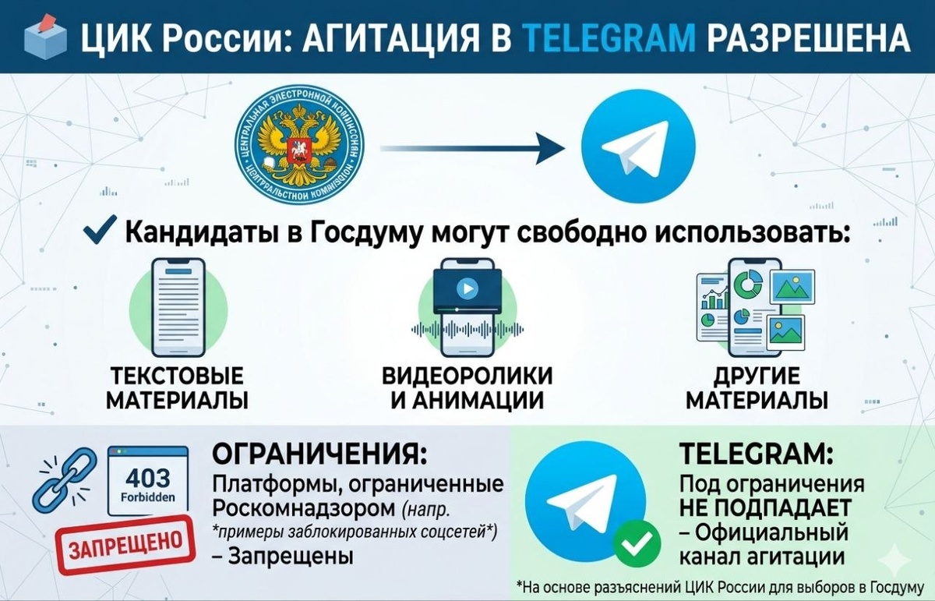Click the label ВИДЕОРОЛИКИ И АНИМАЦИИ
point(467,388)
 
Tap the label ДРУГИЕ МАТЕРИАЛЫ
point(757,388)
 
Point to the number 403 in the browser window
point(147,476)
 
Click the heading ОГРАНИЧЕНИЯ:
point(319,454)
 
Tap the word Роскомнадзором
point(304,509)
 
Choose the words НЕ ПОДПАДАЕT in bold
point(763,507)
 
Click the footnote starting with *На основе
point(721,586)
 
